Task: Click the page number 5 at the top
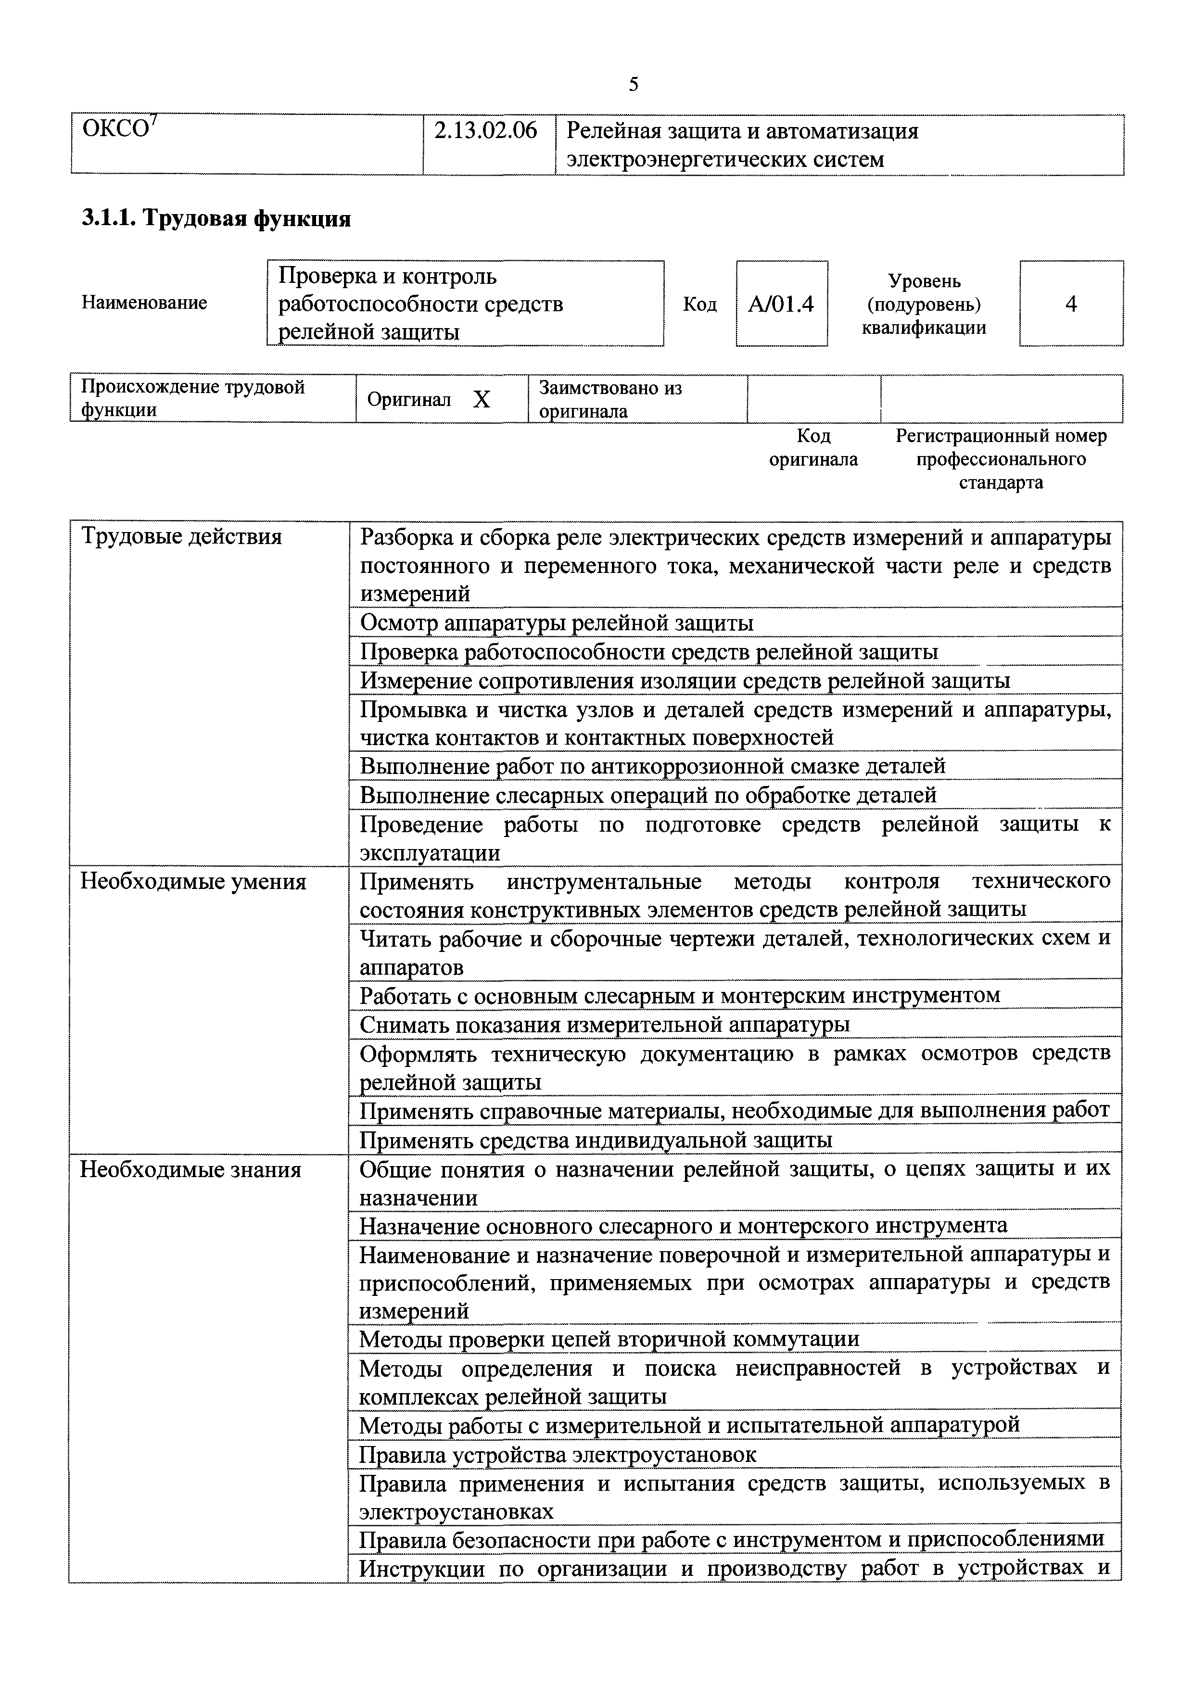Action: pyautogui.click(x=633, y=85)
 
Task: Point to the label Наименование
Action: pyautogui.click(x=144, y=303)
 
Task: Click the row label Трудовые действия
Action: pyautogui.click(x=181, y=537)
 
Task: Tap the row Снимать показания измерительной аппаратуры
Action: pyautogui.click(x=604, y=1024)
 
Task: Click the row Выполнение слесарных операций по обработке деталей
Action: pyautogui.click(x=648, y=795)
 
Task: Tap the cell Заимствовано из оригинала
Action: pyautogui.click(x=610, y=399)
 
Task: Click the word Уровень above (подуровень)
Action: pyautogui.click(x=924, y=280)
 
